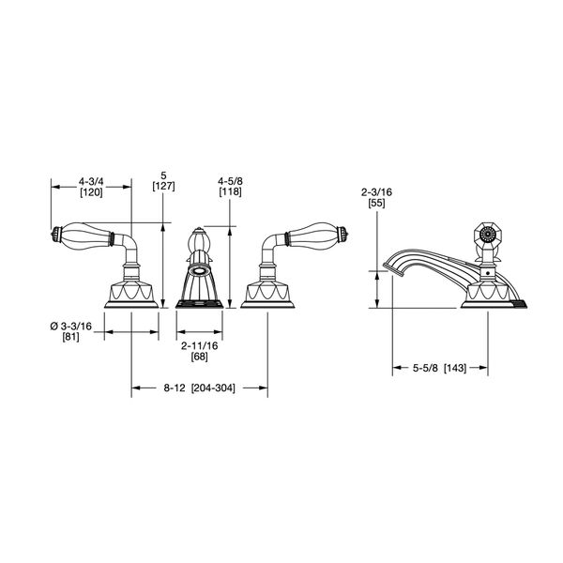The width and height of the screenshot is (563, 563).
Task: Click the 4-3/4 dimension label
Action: coord(91,182)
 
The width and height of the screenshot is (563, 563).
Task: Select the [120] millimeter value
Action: coord(91,192)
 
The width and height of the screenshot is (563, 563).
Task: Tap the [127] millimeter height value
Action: coord(163,187)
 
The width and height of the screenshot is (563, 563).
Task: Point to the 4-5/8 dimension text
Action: coord(231,181)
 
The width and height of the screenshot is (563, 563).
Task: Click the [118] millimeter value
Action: coord(231,191)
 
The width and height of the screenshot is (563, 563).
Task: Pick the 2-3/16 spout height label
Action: coord(376,192)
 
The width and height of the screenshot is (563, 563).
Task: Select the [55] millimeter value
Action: coord(376,204)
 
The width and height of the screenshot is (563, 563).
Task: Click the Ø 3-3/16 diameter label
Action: coord(70,327)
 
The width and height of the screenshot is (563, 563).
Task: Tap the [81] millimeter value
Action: coord(70,337)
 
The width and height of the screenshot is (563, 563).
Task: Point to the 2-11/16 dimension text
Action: coord(199,345)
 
